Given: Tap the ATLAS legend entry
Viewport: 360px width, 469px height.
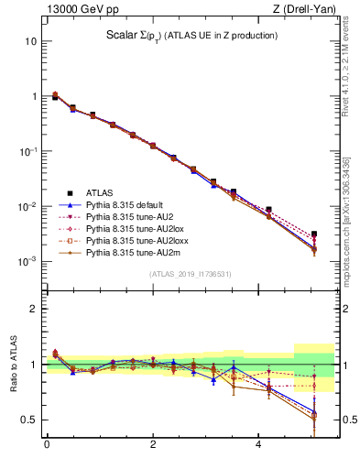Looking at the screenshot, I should pyautogui.click(x=100, y=192).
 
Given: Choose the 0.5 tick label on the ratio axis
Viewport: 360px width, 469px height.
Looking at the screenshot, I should pyautogui.click(x=29, y=420).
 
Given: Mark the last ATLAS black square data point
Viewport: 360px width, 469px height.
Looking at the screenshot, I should pyautogui.click(x=314, y=234).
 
